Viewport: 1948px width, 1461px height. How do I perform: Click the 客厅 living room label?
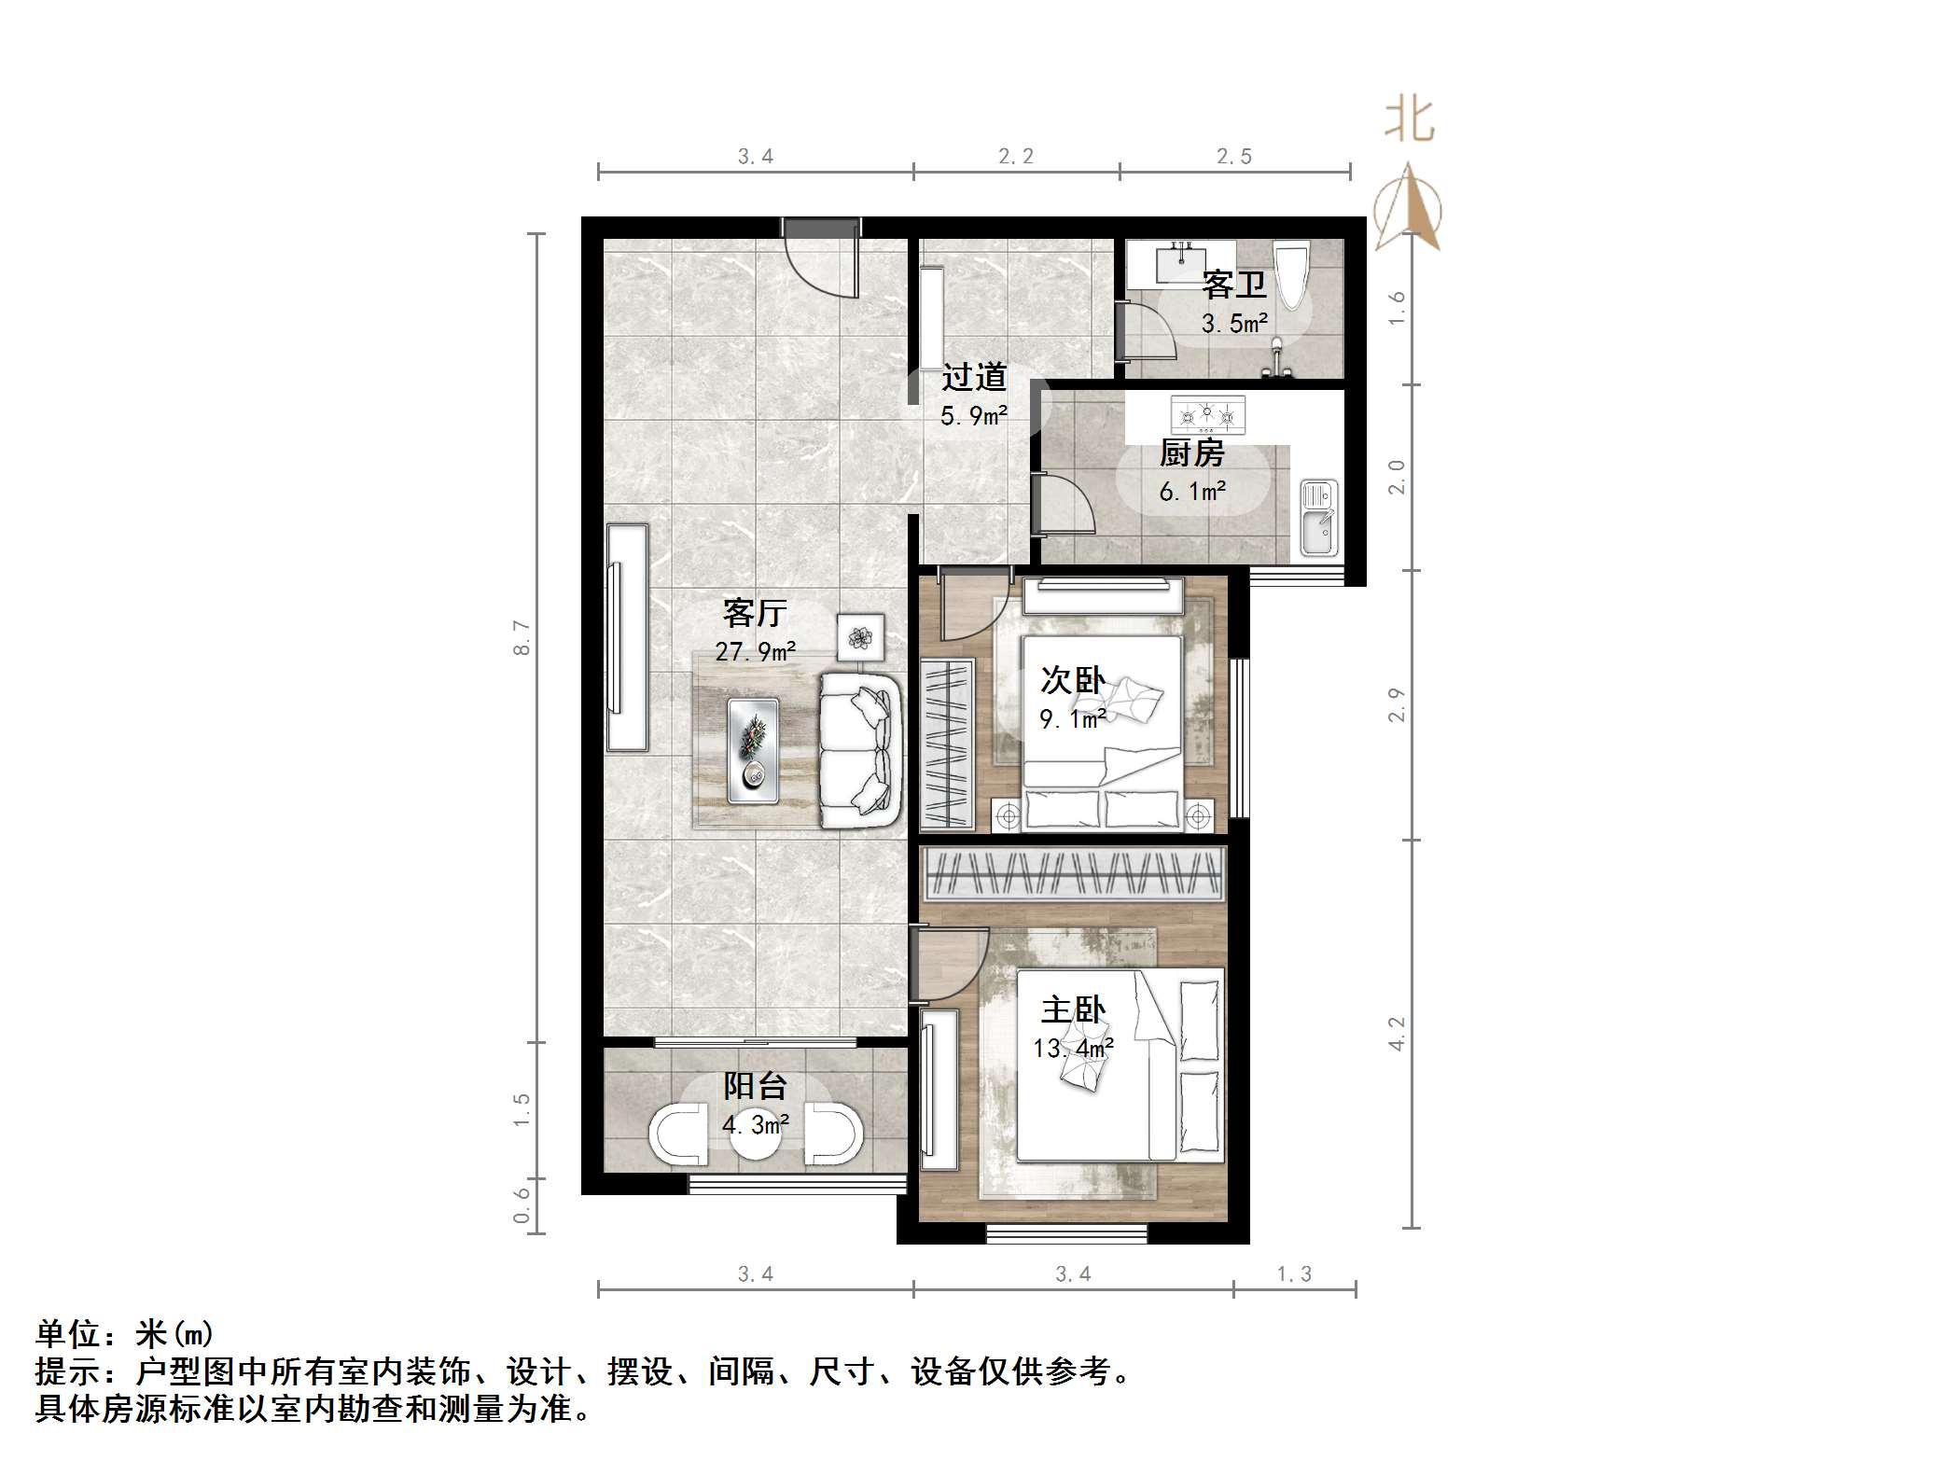click(754, 613)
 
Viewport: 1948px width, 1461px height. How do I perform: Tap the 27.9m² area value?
click(755, 651)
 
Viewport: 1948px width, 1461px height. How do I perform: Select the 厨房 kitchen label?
click(1191, 453)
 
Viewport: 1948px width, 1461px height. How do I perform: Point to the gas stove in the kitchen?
click(1208, 413)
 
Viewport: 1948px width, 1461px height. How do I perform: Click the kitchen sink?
click(1319, 519)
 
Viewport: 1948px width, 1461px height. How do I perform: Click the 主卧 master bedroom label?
click(1073, 1009)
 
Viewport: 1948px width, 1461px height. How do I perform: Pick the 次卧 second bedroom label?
click(1073, 680)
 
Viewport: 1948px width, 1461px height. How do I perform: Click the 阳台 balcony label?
click(755, 1086)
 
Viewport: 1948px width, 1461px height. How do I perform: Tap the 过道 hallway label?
click(974, 377)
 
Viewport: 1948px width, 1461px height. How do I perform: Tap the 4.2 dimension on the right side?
click(1397, 1034)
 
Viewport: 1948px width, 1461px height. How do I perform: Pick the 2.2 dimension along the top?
click(1015, 157)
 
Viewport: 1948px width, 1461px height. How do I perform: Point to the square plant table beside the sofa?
click(859, 637)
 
